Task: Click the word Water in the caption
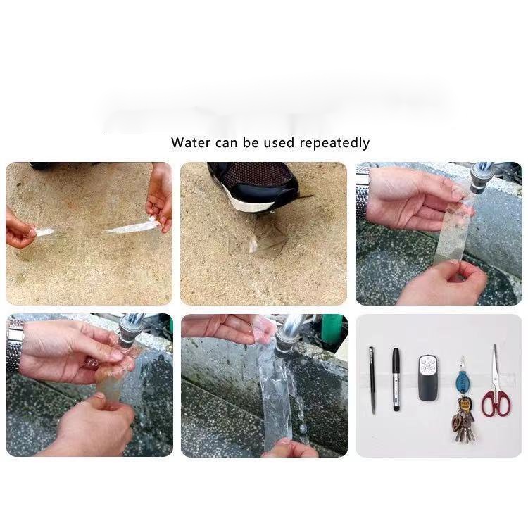point(190,142)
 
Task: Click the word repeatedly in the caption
point(334,143)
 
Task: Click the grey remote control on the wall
point(427,378)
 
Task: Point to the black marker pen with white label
point(396,379)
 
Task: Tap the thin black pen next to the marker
point(372,380)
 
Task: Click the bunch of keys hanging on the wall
point(463,420)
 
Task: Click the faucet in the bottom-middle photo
point(288,337)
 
